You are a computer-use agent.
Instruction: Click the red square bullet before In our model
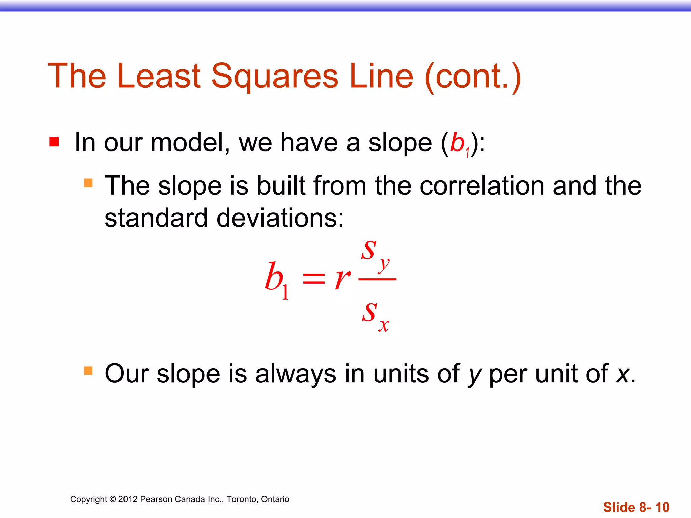(x=54, y=142)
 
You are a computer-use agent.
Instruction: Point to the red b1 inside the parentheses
(x=459, y=143)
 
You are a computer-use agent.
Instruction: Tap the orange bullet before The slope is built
(x=88, y=183)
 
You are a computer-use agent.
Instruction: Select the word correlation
(x=482, y=186)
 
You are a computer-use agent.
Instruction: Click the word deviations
(x=280, y=218)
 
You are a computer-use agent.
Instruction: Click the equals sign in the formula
(x=313, y=280)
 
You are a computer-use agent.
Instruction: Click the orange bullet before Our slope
(x=88, y=371)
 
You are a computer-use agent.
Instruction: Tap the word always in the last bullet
(x=296, y=374)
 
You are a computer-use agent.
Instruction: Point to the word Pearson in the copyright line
(x=156, y=499)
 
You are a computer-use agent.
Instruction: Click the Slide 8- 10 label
(x=636, y=507)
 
